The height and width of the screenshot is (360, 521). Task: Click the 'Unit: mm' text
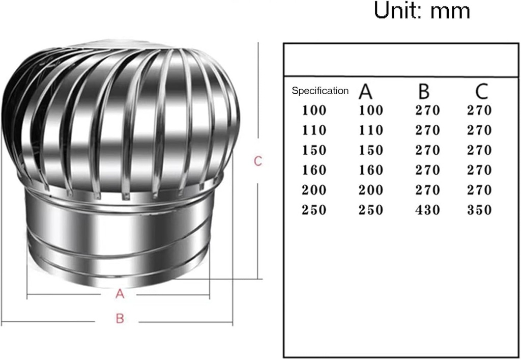422,10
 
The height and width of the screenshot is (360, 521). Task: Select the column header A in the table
365,92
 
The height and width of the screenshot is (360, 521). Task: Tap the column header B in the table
423,92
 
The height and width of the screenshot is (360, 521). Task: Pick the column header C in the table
481,92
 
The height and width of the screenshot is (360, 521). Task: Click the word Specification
320,91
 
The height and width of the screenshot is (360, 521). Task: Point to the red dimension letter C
258,161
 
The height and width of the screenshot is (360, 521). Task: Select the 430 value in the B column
427,210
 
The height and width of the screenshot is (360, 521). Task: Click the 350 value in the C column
479,210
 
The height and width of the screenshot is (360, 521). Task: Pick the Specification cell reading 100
314,110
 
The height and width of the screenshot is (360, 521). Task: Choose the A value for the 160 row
371,170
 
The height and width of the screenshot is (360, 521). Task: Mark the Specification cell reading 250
314,210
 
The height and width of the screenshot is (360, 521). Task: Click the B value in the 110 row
427,130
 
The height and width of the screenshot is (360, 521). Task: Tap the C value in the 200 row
479,190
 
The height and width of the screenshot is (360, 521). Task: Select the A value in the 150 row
371,150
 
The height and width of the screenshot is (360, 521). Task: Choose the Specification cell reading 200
314,190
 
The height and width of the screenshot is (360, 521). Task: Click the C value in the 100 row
479,110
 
